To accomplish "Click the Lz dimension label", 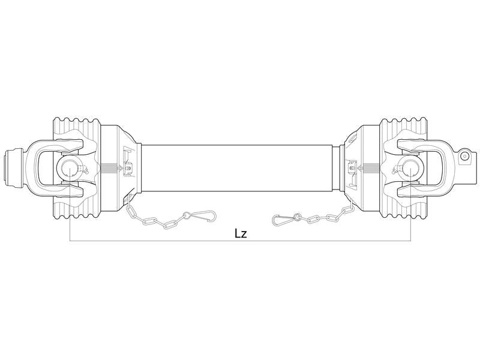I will pyautogui.click(x=240, y=233).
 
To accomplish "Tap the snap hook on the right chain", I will pyautogui.click(x=283, y=220).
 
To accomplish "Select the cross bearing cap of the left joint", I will pyautogui.click(x=69, y=167).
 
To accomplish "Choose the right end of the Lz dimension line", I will pyautogui.click(x=410, y=241).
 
